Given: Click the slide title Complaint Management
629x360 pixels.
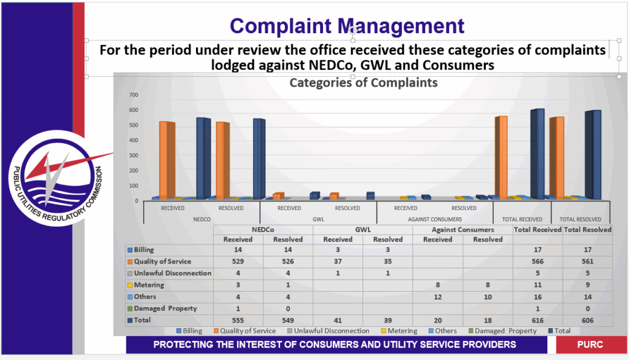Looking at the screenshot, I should coord(347,26).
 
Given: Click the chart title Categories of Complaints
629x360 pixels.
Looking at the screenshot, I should coord(364,82).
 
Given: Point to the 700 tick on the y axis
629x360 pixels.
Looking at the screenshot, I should coord(133,95).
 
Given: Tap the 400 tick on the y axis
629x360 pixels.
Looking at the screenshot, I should coord(133,141).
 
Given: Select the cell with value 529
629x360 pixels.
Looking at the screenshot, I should coord(238,262).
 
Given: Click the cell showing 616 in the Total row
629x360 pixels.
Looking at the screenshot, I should coord(537,320).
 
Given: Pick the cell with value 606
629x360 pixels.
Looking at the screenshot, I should coord(588,320).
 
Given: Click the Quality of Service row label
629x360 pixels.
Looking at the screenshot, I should coord(162,262).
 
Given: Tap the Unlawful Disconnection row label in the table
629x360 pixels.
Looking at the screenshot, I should coord(173,273).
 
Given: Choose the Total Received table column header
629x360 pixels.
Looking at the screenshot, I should coord(537,229).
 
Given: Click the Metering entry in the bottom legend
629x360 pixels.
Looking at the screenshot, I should coord(403,331).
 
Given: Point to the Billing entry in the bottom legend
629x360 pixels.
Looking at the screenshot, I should coord(190,331).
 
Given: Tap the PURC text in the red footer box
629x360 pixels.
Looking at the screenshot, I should coord(589,345).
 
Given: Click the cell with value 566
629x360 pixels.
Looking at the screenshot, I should coord(537,262).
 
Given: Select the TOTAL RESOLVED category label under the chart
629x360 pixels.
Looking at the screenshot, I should coord(580,219).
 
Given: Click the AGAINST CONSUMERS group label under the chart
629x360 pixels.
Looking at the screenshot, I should coord(434,219).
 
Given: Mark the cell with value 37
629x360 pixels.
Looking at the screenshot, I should coord(338,262).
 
